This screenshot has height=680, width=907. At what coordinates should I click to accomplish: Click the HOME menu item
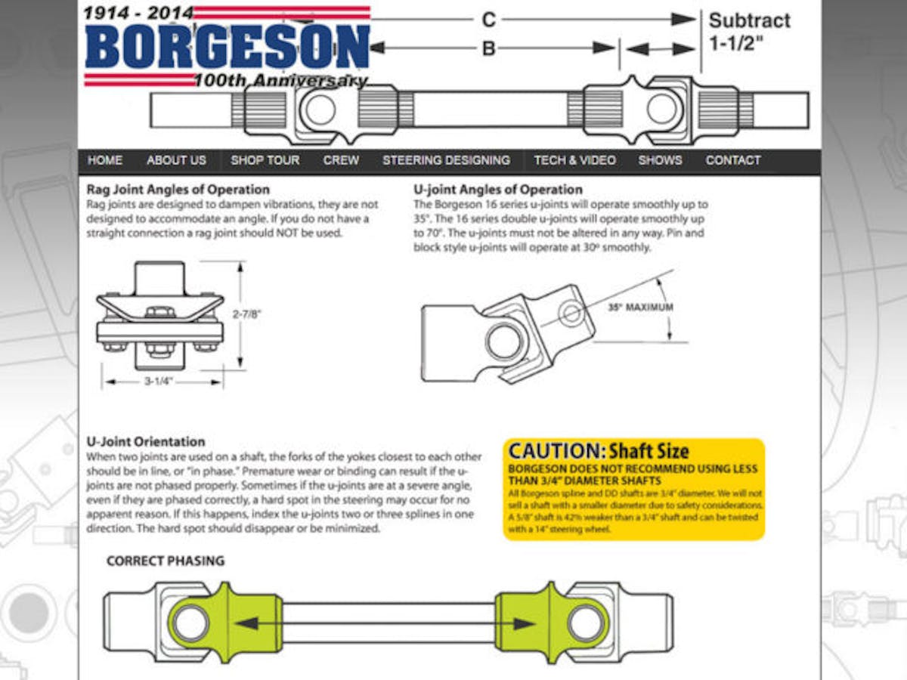tap(105, 160)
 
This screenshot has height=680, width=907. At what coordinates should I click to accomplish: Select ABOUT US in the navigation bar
tap(176, 160)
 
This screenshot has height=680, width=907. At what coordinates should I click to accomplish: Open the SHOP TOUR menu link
tap(265, 160)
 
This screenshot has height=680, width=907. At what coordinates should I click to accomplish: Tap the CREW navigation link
tap(341, 160)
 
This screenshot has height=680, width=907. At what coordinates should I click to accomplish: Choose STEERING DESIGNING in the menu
tap(446, 160)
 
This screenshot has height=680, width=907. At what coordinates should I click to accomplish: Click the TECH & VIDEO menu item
tap(574, 160)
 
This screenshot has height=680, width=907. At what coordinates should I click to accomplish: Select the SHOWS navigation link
tap(660, 160)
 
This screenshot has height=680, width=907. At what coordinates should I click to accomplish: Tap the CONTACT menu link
tap(732, 160)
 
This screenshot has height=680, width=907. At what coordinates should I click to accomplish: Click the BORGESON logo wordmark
tap(227, 47)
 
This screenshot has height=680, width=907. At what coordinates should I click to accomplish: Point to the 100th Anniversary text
tap(280, 81)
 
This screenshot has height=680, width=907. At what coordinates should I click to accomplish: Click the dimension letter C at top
tap(489, 20)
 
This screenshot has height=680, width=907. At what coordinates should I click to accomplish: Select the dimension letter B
tap(489, 48)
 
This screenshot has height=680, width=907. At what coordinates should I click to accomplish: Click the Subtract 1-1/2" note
tap(749, 31)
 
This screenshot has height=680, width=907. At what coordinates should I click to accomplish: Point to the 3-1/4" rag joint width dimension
tap(159, 382)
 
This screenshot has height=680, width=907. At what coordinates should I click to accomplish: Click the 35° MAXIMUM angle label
tap(639, 308)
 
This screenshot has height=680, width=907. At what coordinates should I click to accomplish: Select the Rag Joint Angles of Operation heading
tap(178, 189)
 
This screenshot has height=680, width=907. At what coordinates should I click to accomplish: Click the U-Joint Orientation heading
tap(146, 441)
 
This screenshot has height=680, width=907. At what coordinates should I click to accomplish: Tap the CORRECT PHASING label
tap(166, 561)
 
